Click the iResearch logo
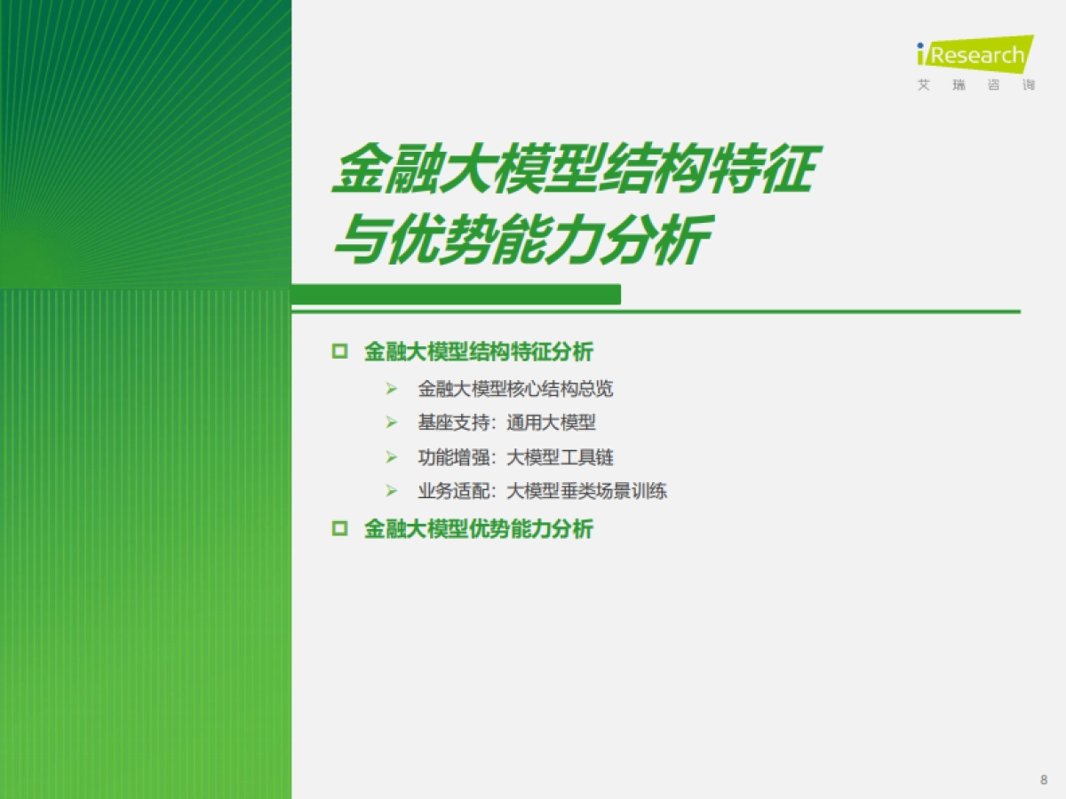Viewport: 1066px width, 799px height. [975, 55]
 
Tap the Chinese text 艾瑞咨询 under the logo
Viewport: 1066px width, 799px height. [975, 86]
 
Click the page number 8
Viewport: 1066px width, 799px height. [1043, 779]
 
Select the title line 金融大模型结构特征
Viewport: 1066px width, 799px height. [571, 170]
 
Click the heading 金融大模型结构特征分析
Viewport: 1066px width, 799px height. [478, 352]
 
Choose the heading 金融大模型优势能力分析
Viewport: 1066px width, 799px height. [478, 530]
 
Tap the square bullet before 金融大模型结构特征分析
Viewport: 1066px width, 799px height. [338, 352]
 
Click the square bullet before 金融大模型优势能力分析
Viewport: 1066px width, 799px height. [338, 530]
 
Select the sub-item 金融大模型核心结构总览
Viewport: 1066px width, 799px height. [515, 389]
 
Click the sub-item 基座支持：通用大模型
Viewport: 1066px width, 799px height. [506, 423]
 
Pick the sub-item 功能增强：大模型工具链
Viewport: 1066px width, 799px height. [515, 457]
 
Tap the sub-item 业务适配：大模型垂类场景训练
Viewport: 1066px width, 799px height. [542, 491]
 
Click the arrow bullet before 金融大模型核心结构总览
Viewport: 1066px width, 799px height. [391, 389]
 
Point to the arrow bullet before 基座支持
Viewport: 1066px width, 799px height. [391, 423]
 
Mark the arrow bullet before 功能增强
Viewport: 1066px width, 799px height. [391, 457]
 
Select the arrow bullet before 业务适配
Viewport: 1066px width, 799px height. [391, 491]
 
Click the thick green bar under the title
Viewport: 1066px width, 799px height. [456, 294]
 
